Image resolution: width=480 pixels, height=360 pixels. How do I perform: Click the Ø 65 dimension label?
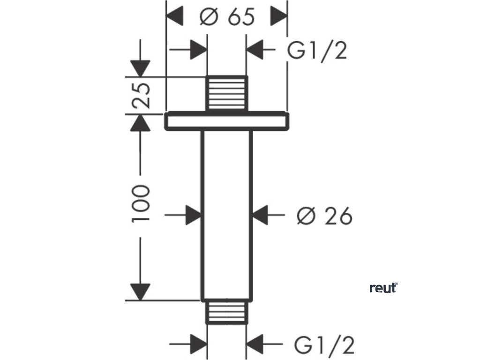pyautogui.click(x=227, y=18)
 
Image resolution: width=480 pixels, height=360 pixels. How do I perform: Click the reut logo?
pyautogui.click(x=383, y=288)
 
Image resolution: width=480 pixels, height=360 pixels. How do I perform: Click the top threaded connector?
pyautogui.click(x=227, y=93)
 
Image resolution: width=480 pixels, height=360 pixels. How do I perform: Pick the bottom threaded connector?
pyautogui.click(x=227, y=312)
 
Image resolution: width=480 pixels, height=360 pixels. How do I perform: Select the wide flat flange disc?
pyautogui.click(x=226, y=121)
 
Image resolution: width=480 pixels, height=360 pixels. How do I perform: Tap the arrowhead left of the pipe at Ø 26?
pyautogui.click(x=194, y=216)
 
